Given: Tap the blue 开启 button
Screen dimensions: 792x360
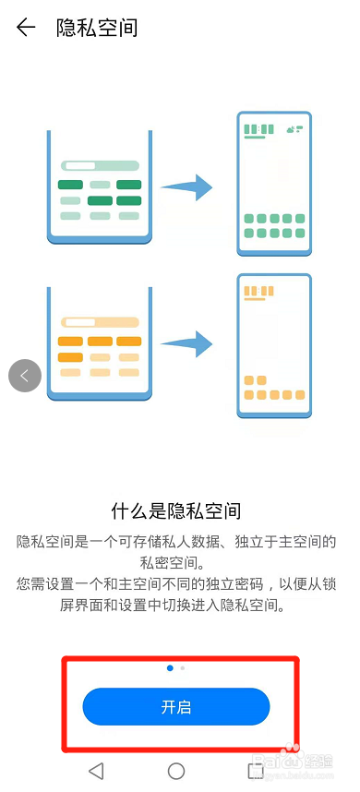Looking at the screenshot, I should coord(176,707).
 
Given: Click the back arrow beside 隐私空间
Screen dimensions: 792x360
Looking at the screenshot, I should coord(26,28).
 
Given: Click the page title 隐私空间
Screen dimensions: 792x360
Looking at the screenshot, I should coord(97,28).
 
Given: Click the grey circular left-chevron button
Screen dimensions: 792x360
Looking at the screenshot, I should coord(25,376).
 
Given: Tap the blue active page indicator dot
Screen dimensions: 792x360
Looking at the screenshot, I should coord(170,666).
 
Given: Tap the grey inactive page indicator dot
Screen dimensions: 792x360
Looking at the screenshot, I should coord(182,666).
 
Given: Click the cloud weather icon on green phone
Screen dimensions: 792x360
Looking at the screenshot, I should coord(295,129).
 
